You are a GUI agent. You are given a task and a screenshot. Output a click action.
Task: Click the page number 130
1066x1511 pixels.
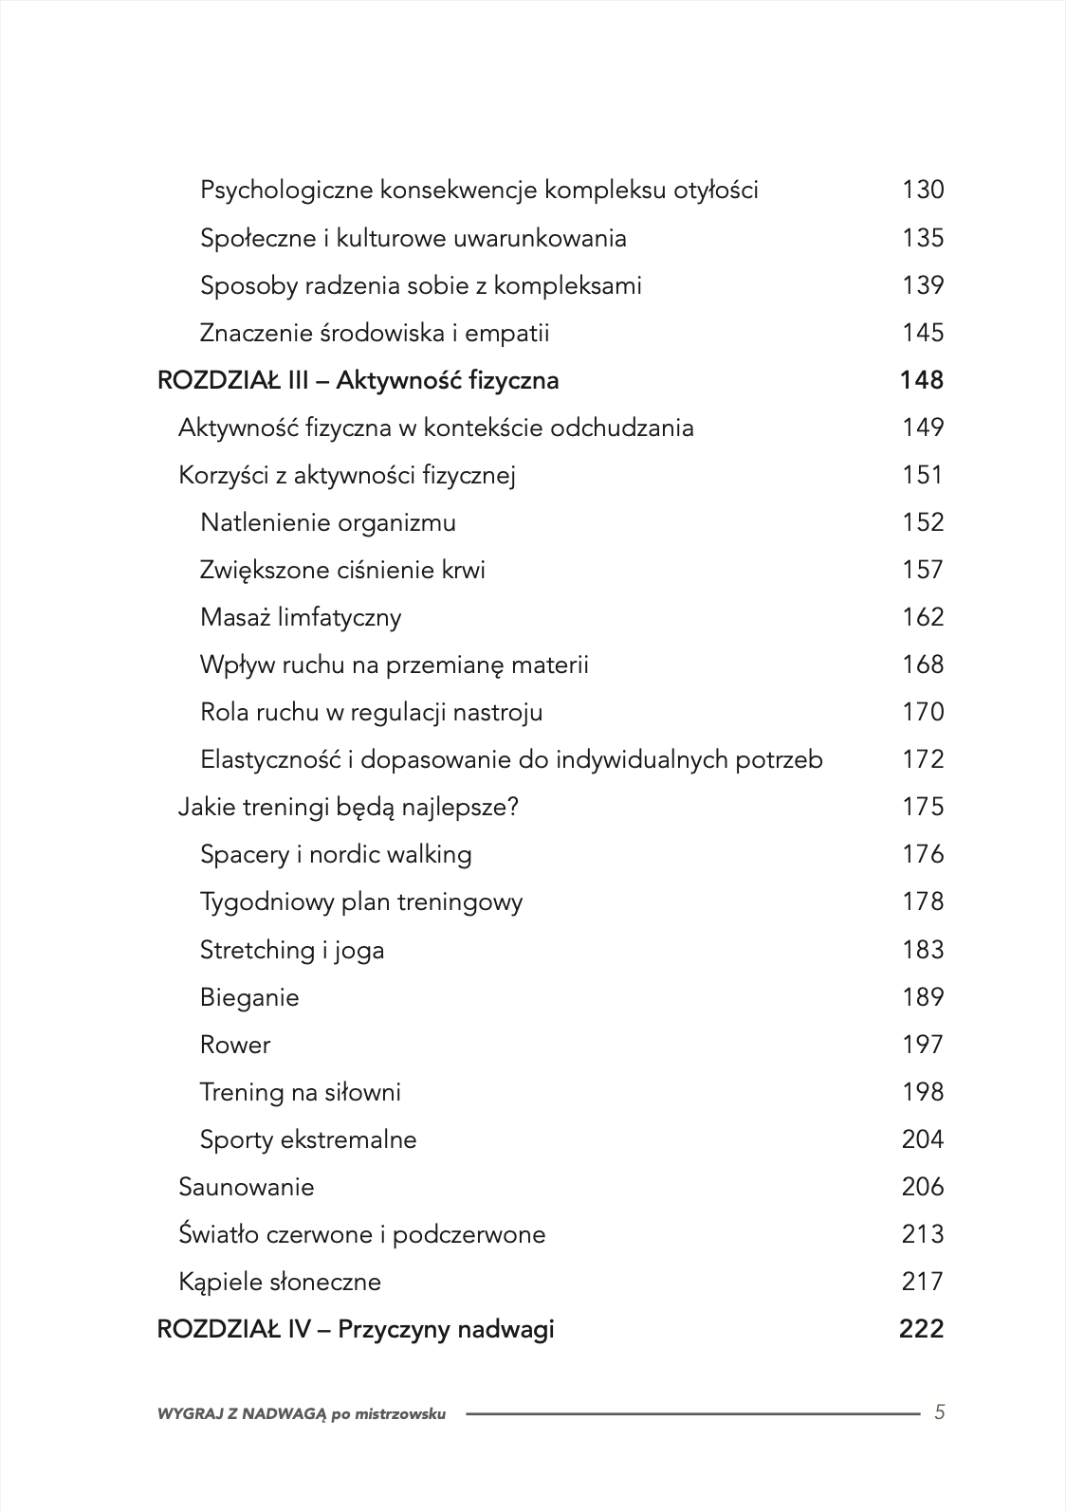922,190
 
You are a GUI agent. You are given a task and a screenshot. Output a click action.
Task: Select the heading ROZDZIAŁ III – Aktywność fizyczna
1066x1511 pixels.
358,380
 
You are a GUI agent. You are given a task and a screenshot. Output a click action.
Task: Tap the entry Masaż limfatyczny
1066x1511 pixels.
301,617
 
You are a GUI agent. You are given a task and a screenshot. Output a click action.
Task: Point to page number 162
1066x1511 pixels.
922,617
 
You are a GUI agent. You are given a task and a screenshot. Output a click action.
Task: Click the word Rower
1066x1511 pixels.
235,1045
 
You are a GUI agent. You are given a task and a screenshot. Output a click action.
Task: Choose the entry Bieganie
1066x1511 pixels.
249,997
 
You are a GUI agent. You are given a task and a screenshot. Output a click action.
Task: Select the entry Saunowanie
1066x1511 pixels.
247,1187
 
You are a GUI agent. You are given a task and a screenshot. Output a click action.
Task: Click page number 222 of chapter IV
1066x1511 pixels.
921,1329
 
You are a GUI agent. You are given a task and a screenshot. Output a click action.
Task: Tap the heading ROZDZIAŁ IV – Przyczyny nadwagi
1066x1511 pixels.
356,1329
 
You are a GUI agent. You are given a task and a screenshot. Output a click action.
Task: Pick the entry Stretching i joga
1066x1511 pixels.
292,950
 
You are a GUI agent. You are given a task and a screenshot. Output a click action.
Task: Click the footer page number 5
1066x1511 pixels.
939,1412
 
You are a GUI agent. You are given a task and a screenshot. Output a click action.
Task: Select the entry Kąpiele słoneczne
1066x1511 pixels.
280,1282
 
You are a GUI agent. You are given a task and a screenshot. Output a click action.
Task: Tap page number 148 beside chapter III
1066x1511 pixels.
921,380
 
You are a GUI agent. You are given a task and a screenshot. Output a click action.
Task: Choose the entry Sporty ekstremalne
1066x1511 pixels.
308,1139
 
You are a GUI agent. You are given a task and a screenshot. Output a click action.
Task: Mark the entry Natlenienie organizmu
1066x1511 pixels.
327,522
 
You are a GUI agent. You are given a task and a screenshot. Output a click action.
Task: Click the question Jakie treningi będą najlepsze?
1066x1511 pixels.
349,807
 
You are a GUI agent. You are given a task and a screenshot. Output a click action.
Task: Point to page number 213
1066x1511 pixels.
922,1234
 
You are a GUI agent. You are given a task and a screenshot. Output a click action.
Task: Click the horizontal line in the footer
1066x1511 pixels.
692,1412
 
